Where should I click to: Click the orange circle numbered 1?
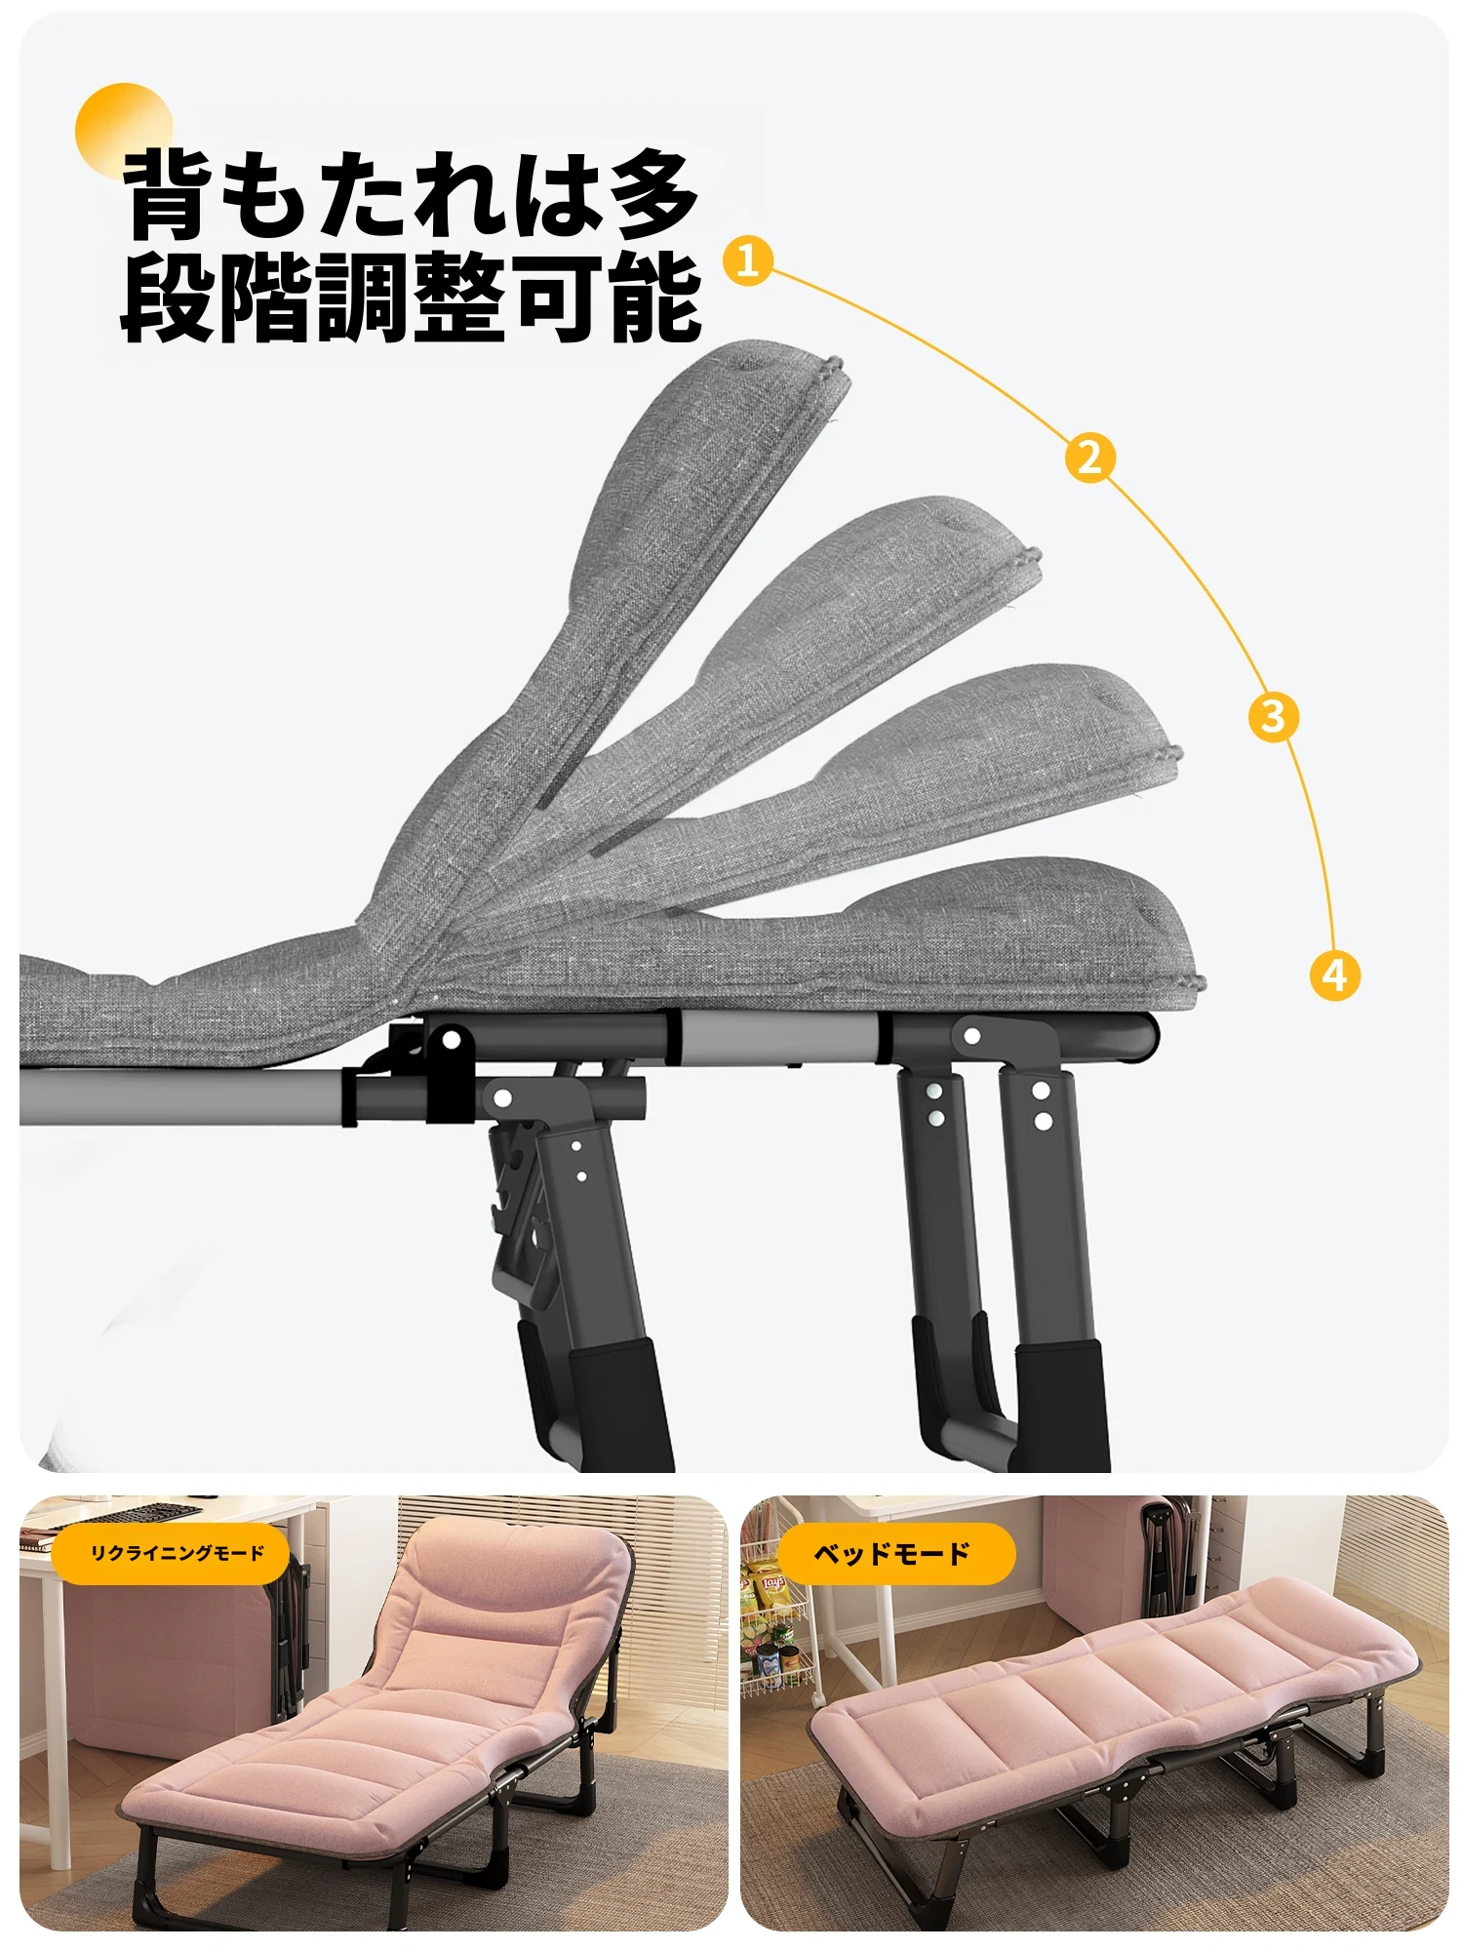point(748,260)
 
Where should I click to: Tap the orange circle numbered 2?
point(1090,456)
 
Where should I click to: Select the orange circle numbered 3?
point(1274,716)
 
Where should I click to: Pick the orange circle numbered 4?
point(1334,974)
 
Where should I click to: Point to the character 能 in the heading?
point(654,297)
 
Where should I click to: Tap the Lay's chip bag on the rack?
point(771,1592)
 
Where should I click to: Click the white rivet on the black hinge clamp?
point(451,1040)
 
